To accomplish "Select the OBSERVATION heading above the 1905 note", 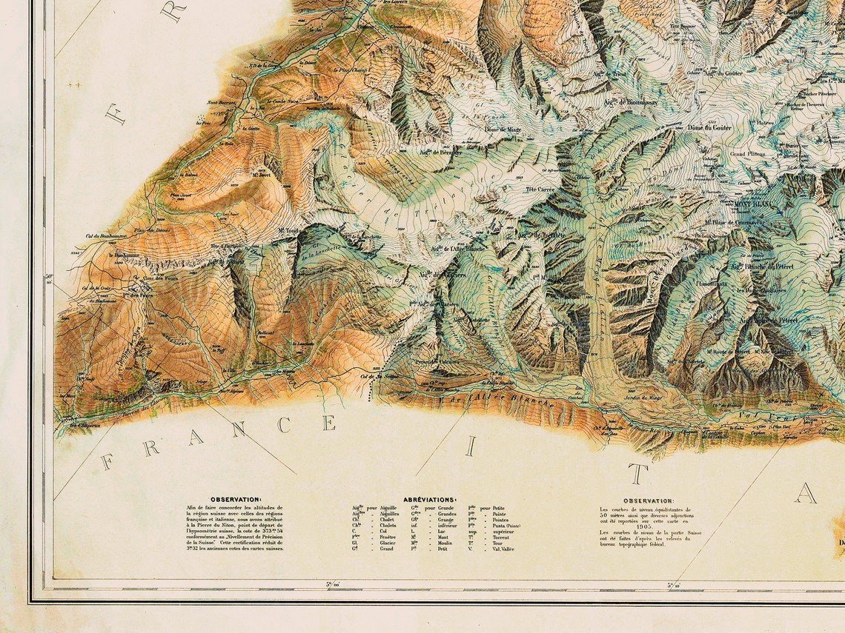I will click(648, 500).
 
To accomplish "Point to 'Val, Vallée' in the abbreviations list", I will click(501, 549).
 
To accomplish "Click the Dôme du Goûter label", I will click(709, 127).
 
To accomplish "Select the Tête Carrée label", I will click(540, 190).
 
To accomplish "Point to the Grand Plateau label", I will click(747, 154).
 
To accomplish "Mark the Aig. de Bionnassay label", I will click(632, 102).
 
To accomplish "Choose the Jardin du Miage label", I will click(643, 398).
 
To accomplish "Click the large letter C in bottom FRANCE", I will click(284, 425).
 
